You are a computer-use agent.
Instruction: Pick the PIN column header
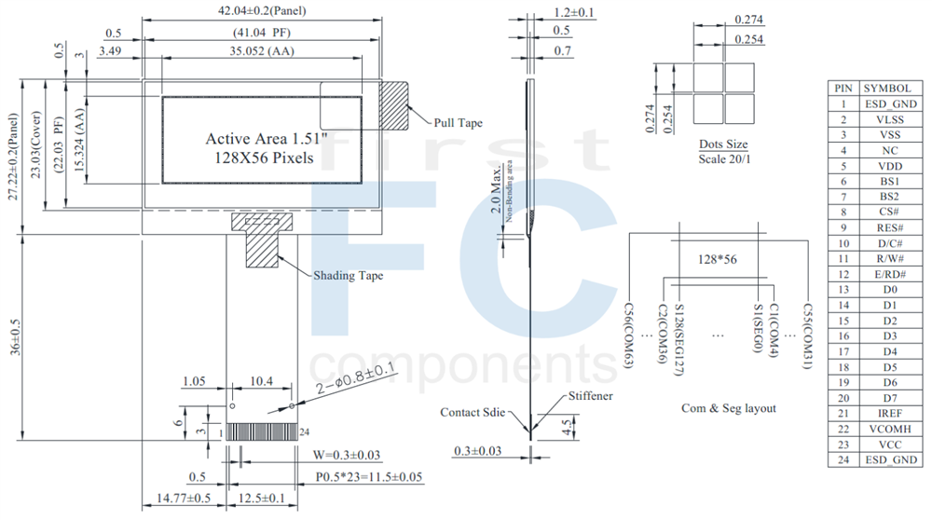coord(843,88)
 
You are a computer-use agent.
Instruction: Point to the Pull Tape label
coord(458,123)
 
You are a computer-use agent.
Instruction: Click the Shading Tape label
coord(348,275)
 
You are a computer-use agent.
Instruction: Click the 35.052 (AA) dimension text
coord(262,50)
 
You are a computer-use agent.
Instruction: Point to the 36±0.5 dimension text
coord(12,338)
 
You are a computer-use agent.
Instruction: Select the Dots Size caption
coord(723,144)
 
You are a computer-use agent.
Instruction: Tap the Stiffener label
coord(590,396)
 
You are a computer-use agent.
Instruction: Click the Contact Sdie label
coord(473,412)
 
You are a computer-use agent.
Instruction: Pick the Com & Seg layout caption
coord(728,408)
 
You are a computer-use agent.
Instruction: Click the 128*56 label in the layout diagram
coord(718,259)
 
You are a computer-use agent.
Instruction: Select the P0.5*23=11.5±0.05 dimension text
coord(368,477)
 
